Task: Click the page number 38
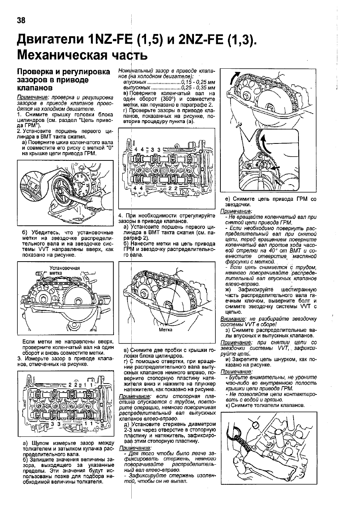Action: point(21,20)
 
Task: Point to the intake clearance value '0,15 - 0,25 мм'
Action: point(198,82)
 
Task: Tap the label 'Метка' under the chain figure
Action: point(165,330)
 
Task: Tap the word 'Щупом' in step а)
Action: point(37,443)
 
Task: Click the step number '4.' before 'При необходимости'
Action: point(121,216)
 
